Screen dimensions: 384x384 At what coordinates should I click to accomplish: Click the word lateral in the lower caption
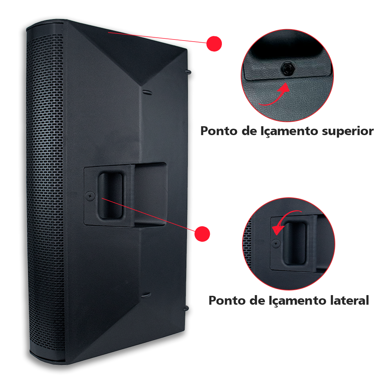[347, 300]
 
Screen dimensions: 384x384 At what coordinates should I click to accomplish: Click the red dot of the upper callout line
[214, 44]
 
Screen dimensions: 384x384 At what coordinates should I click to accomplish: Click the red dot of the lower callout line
[203, 234]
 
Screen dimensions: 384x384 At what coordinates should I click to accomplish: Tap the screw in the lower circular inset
[275, 244]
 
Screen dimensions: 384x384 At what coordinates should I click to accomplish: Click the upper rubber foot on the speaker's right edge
[188, 72]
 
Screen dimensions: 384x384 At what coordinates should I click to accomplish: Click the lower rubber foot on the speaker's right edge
[186, 308]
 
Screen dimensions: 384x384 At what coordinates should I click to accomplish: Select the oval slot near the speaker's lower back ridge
[145, 295]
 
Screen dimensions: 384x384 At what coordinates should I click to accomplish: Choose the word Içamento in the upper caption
[284, 131]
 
